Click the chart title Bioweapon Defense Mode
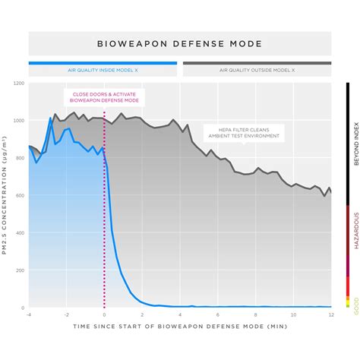coord(180,44)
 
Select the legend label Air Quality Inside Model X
coord(103,70)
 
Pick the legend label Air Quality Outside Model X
coord(257,70)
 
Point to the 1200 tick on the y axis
coord(19,84)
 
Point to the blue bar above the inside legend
coord(103,63)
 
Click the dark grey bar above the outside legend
coord(257,63)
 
